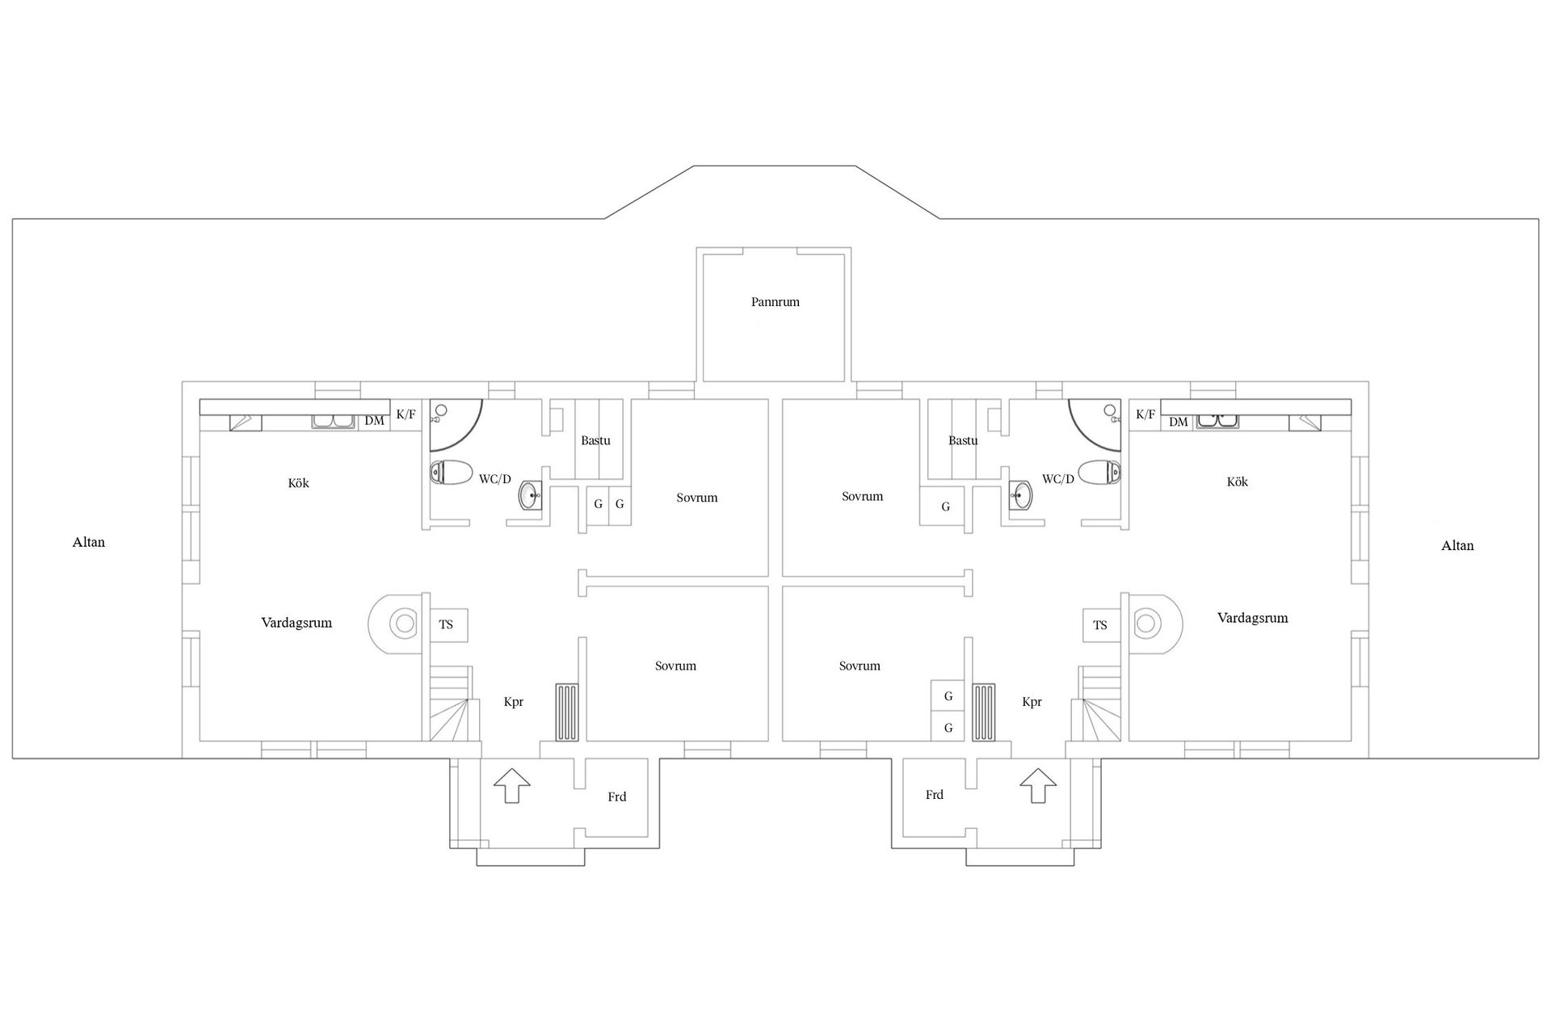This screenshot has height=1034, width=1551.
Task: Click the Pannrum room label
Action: tap(775, 302)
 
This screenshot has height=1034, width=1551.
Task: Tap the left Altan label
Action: tap(89, 542)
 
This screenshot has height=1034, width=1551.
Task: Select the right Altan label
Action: tap(1457, 545)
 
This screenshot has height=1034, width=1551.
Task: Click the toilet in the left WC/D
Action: tap(452, 472)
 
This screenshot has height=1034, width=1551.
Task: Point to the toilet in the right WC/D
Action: tap(1099, 471)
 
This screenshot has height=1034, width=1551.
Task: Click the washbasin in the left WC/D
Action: tap(531, 494)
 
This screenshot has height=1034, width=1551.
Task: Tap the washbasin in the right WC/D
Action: tap(1021, 494)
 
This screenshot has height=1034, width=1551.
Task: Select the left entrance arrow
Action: tap(512, 785)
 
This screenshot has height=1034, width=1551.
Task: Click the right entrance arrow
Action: tap(1038, 785)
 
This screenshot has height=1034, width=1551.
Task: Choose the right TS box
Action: tap(1102, 624)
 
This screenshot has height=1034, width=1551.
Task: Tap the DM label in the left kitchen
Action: tap(374, 421)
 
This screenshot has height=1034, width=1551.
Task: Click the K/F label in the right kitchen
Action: tap(1145, 414)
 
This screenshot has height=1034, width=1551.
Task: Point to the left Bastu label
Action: tap(595, 440)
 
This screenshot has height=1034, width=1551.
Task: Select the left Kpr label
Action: tap(513, 702)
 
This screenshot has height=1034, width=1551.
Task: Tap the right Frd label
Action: tap(935, 795)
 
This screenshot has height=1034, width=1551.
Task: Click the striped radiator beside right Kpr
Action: tap(984, 712)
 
